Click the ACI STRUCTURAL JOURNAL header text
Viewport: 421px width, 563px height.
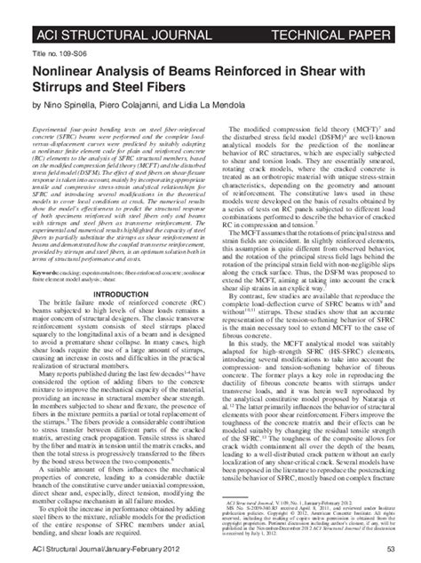point(105,10)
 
